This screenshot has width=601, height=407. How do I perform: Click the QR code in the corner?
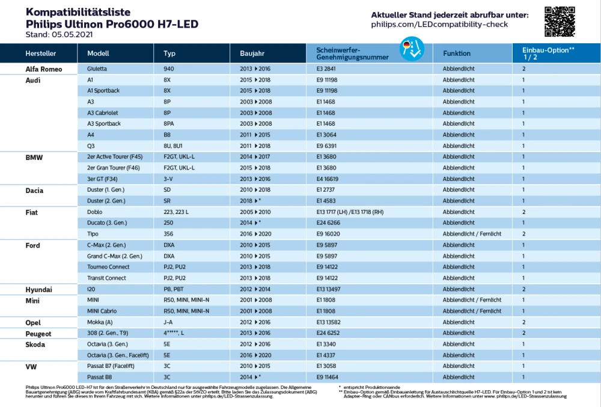tap(560, 22)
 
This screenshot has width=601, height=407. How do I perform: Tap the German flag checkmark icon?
tap(412, 49)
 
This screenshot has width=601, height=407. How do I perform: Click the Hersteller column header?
tap(41, 54)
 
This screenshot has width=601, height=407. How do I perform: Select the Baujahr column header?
tap(252, 54)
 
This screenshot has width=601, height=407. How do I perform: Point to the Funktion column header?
tap(457, 54)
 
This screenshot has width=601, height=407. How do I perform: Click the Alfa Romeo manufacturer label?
tap(44, 69)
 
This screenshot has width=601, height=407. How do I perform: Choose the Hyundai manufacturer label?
tap(38, 290)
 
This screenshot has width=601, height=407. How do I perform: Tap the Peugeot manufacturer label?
tap(38, 334)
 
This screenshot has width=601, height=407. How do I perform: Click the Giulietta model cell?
tap(97, 69)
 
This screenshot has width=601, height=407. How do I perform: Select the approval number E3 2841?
tap(326, 69)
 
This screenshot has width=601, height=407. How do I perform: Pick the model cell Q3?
tap(91, 146)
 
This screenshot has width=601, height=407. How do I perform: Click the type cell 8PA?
tap(169, 123)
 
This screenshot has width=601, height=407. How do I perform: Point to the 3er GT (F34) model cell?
tap(102, 179)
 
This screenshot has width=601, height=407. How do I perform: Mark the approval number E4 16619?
tap(328, 179)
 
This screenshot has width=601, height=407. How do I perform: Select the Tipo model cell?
tap(93, 234)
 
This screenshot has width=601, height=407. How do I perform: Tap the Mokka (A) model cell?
tap(100, 322)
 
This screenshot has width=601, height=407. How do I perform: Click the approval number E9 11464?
tap(328, 377)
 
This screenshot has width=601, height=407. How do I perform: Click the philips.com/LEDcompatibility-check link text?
tap(439, 25)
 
